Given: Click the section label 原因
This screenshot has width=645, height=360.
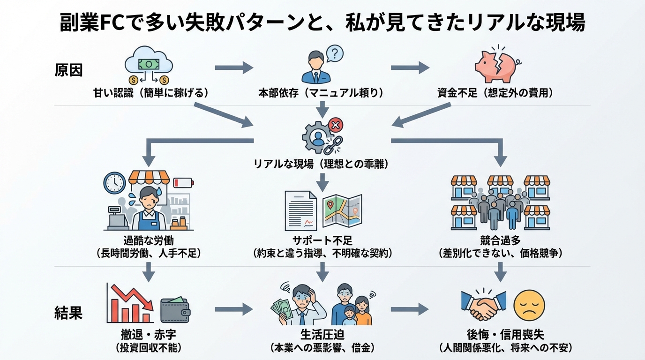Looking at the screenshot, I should pyautogui.click(x=68, y=70).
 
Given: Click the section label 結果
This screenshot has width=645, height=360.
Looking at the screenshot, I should pyautogui.click(x=68, y=313).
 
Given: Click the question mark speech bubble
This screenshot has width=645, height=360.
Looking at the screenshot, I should pyautogui.click(x=334, y=53).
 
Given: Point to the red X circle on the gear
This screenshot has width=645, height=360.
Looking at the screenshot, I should pyautogui.click(x=336, y=125).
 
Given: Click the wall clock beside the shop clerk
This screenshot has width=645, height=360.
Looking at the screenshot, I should pyautogui.click(x=114, y=183).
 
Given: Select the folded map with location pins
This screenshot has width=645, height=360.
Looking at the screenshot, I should pyautogui.click(x=342, y=211).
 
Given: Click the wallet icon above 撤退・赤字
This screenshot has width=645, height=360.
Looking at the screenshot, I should pyautogui.click(x=175, y=310).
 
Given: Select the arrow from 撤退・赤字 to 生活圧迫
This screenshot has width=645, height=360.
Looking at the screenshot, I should pyautogui.click(x=233, y=309).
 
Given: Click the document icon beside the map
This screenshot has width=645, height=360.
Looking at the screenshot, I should pyautogui.click(x=300, y=211).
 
